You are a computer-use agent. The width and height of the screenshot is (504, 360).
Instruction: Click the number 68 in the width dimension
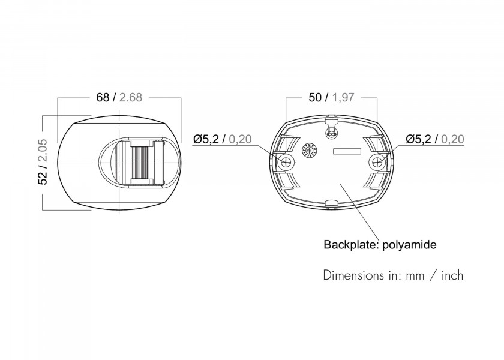pyautogui.click(x=103, y=97)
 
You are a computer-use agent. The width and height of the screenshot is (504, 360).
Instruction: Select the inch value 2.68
pyautogui.click(x=130, y=97)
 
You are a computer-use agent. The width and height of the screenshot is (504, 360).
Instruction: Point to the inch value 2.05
pyautogui.click(x=43, y=150)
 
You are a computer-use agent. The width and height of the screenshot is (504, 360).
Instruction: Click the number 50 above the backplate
pyautogui.click(x=314, y=97)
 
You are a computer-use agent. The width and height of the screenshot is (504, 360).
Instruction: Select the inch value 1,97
pyautogui.click(x=343, y=97)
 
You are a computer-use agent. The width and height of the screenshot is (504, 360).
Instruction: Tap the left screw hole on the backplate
pyautogui.click(x=286, y=161)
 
